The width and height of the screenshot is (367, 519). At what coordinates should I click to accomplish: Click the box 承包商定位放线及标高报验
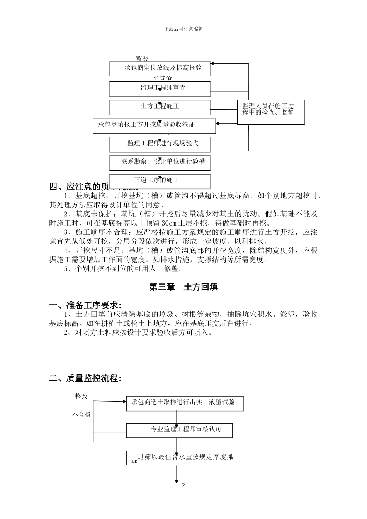[x=160, y=68]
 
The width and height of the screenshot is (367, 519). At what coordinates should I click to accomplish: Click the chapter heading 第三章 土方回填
[x=183, y=287]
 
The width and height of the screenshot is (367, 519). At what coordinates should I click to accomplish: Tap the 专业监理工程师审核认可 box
[x=180, y=430]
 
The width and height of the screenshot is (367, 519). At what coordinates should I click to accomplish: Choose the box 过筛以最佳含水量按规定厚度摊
[x=182, y=458]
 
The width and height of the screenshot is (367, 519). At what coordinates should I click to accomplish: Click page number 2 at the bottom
[x=183, y=485]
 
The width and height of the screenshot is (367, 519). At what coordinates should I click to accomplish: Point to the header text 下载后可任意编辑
[x=183, y=29]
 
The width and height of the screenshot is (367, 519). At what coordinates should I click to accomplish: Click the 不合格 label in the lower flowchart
[x=81, y=415]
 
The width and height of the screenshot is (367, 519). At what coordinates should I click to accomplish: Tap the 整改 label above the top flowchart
[x=142, y=59]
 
